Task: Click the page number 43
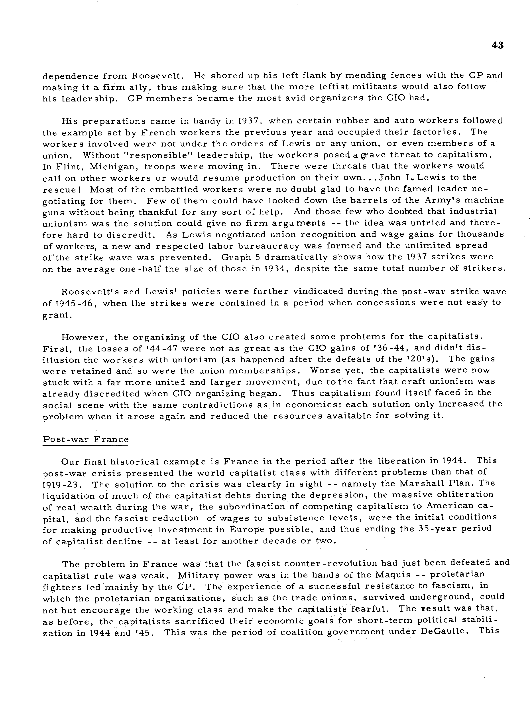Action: pos(498,45)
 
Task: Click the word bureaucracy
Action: pos(269,246)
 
